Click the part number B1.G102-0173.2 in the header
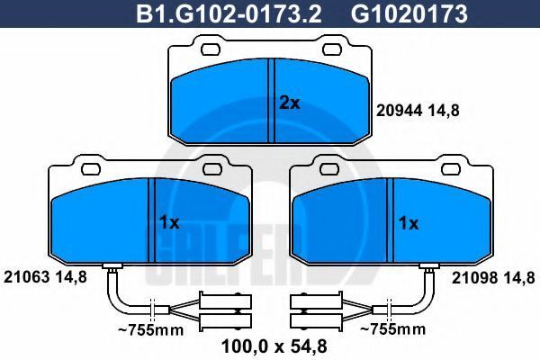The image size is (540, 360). [x=229, y=13]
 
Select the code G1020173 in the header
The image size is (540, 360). [x=409, y=13]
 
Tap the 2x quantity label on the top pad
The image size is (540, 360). [x=289, y=103]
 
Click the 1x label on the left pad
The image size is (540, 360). [x=169, y=223]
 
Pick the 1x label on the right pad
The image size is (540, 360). [x=409, y=223]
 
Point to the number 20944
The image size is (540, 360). [x=399, y=111]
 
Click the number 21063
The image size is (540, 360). [x=26, y=276]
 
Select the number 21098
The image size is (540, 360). [x=474, y=277]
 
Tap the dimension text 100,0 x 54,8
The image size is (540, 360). [x=274, y=346]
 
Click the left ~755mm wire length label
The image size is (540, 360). [x=151, y=330]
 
